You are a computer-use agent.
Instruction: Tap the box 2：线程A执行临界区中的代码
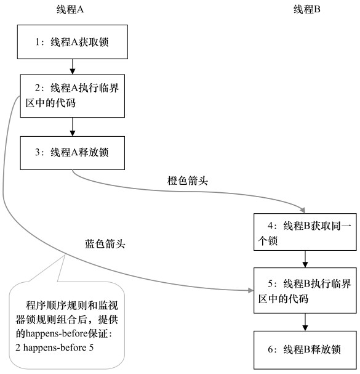click(73, 96)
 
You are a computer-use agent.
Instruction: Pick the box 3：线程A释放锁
click(73, 152)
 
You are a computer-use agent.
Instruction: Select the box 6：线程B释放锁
click(305, 349)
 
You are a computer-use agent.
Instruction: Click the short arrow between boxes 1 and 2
click(73, 66)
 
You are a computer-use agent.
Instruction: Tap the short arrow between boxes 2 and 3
click(73, 126)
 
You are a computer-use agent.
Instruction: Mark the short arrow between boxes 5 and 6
click(305, 321)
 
